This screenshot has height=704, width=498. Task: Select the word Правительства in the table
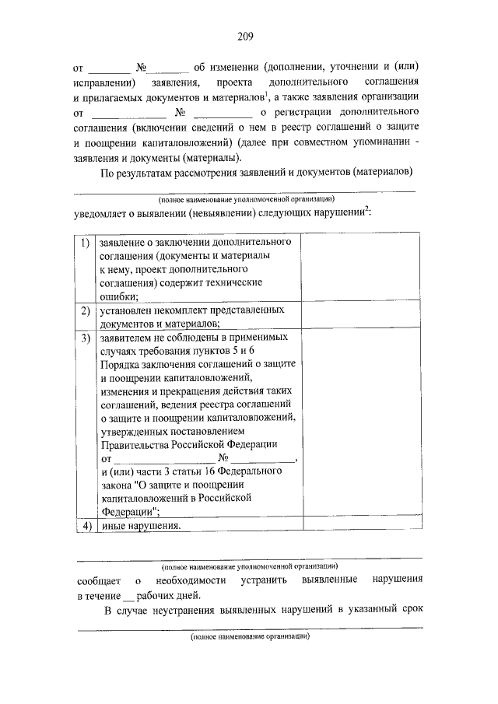point(135,444)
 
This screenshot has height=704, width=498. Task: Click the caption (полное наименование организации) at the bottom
point(250,636)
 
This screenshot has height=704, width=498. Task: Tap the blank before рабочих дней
point(128,596)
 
